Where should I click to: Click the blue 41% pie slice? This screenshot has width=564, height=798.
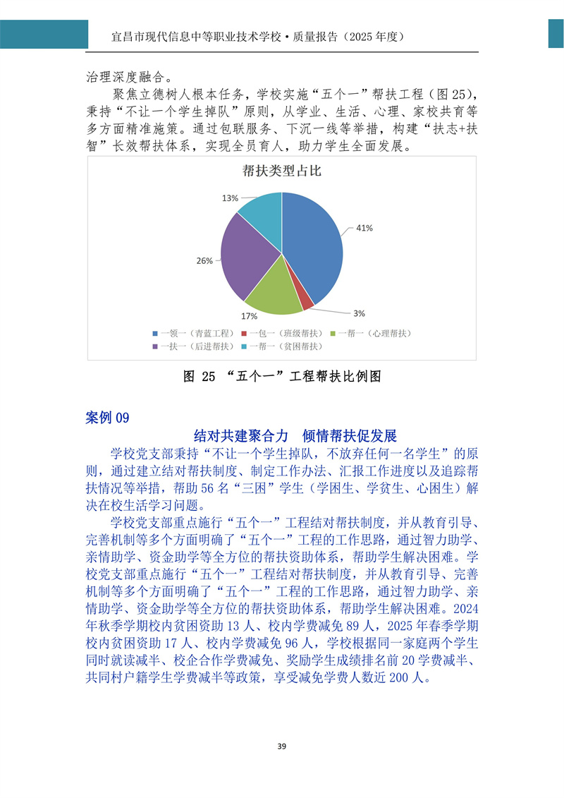coord(314,247)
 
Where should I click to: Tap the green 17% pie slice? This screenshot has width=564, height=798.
coord(271,293)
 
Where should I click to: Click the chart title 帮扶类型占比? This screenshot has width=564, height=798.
coord(282,171)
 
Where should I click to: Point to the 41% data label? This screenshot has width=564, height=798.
coord(364,228)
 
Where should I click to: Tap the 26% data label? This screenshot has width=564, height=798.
coord(204,261)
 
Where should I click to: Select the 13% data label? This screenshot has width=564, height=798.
coord(230,198)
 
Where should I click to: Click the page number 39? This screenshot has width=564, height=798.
coord(281,746)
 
